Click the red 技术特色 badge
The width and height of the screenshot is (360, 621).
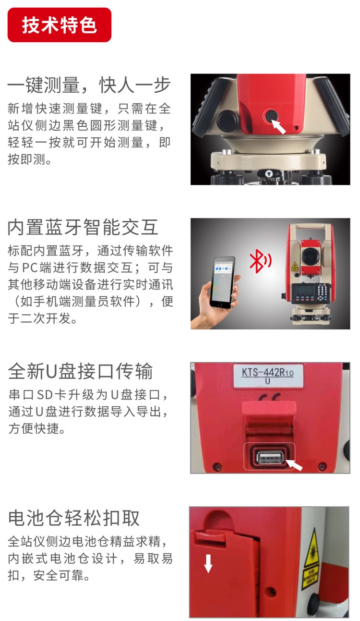click(x=60, y=25)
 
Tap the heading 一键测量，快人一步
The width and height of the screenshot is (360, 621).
click(x=89, y=85)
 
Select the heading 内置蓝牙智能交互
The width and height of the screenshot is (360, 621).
click(x=83, y=227)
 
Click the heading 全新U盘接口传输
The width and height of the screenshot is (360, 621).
click(x=80, y=371)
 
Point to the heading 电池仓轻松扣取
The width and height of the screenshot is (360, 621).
click(x=74, y=518)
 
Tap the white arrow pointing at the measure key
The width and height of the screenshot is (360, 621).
click(x=278, y=127)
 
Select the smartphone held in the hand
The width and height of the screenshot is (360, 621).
click(x=223, y=282)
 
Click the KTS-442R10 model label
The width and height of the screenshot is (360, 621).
click(x=268, y=376)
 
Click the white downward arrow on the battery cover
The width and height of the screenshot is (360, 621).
click(x=208, y=563)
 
